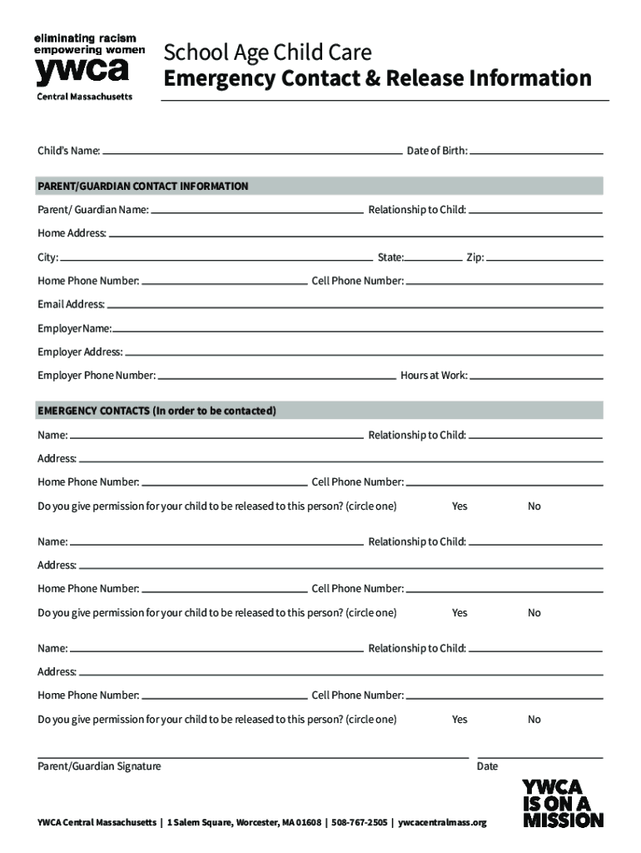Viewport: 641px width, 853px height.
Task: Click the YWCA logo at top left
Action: pos(83,67)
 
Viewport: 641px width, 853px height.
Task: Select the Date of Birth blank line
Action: pos(537,152)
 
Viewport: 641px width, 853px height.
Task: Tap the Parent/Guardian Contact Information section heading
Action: pos(143,186)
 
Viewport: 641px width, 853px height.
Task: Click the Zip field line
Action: pos(544,259)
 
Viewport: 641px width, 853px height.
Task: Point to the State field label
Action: pos(390,258)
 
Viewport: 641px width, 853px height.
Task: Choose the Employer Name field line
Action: pos(357,329)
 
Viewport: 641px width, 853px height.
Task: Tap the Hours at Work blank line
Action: pos(537,377)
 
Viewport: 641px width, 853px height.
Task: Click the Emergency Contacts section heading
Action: pos(157,411)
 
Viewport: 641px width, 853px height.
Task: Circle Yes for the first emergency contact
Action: pos(460,506)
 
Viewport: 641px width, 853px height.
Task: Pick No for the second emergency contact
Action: pos(534,612)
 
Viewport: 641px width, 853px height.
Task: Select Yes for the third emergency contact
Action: pos(460,719)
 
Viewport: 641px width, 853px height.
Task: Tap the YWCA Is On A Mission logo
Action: pos(563,803)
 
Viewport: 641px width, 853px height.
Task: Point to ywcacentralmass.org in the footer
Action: pos(442,823)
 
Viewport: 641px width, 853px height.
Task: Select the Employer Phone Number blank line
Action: pos(277,377)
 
